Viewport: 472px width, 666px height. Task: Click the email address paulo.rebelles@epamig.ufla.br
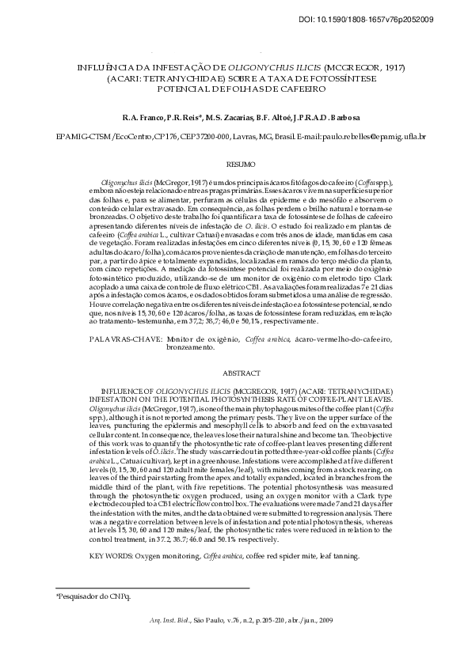tap(363, 137)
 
